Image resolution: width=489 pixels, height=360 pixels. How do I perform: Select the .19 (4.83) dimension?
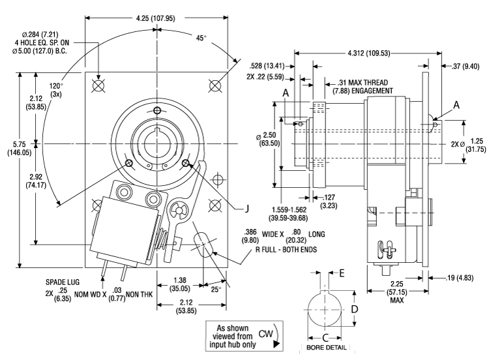point(457,278)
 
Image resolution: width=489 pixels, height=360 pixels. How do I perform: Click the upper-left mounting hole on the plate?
point(98,85)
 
